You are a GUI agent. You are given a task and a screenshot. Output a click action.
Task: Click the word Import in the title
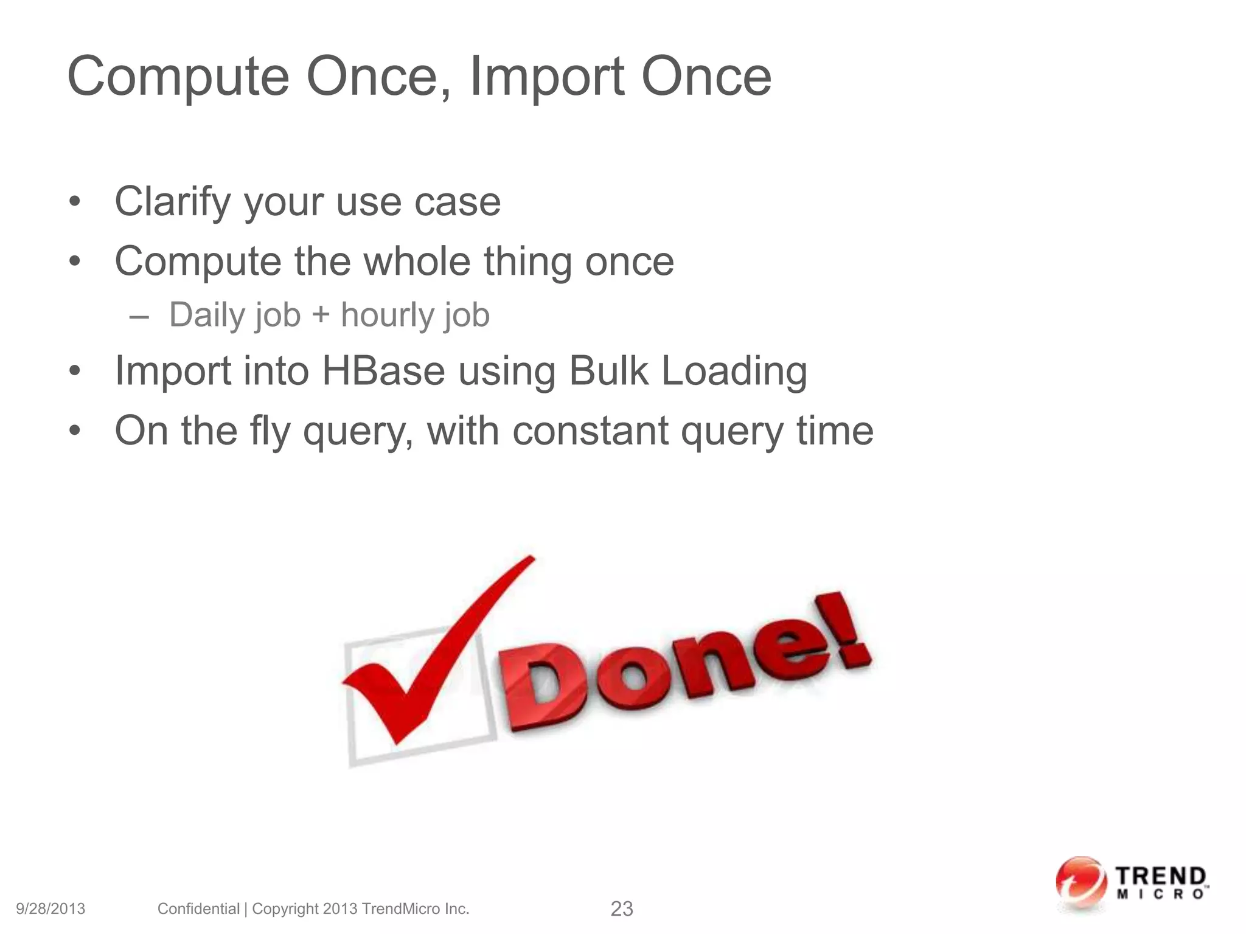click(546, 77)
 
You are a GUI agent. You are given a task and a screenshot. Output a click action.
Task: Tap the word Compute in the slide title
click(178, 77)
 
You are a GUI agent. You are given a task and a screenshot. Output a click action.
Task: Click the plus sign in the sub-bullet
click(321, 316)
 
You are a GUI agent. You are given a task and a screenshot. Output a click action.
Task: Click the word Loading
click(734, 372)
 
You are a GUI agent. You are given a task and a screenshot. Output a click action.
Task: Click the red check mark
click(426, 663)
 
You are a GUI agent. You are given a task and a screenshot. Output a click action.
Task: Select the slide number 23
click(621, 909)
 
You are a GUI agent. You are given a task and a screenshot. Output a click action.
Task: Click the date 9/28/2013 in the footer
click(50, 909)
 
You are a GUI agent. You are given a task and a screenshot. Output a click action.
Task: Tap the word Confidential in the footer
click(198, 909)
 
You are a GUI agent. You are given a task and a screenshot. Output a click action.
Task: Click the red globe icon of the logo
click(1081, 883)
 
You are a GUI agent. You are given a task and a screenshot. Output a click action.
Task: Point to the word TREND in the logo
click(1161, 877)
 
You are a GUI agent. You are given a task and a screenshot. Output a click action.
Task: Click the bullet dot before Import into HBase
click(74, 371)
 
